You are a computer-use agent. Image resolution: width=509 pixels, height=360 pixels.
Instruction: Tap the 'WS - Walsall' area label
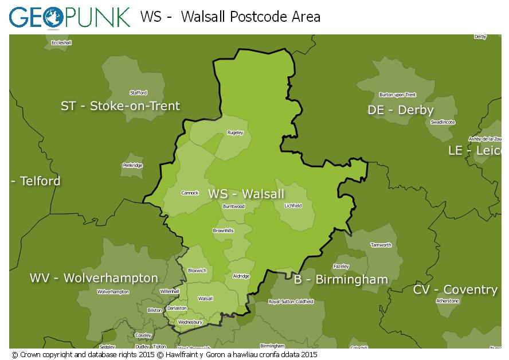click(246, 194)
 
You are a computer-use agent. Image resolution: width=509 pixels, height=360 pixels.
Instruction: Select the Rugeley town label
click(235, 133)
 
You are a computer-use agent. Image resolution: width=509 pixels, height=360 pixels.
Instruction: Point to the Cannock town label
click(190, 193)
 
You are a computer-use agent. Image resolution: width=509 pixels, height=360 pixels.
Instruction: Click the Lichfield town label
click(293, 205)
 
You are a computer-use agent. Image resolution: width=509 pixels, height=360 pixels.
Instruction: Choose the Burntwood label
click(234, 206)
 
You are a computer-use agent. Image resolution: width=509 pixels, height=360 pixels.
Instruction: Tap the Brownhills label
click(223, 230)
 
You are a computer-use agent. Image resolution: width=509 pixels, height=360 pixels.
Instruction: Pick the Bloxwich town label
click(197, 270)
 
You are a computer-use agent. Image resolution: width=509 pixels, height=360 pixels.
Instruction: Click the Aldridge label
click(241, 276)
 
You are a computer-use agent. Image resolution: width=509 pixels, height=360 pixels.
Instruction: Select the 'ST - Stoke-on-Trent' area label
click(120, 106)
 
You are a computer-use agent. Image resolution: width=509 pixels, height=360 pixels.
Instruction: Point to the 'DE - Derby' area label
click(401, 110)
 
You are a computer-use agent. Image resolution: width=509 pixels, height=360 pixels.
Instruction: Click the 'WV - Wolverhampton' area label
click(94, 278)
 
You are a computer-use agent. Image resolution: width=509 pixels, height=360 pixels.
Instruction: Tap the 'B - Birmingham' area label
click(341, 280)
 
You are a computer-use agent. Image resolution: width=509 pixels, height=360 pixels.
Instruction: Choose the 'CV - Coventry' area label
click(455, 289)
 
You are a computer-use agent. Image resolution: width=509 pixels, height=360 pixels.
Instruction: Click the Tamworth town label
click(381, 245)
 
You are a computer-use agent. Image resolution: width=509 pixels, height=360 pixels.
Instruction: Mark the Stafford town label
click(138, 93)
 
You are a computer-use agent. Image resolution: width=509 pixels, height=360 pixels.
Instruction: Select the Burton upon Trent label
click(398, 95)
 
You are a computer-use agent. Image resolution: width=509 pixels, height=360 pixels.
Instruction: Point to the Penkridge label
click(132, 166)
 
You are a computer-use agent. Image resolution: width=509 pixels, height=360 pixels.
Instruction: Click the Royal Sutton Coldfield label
click(291, 302)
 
